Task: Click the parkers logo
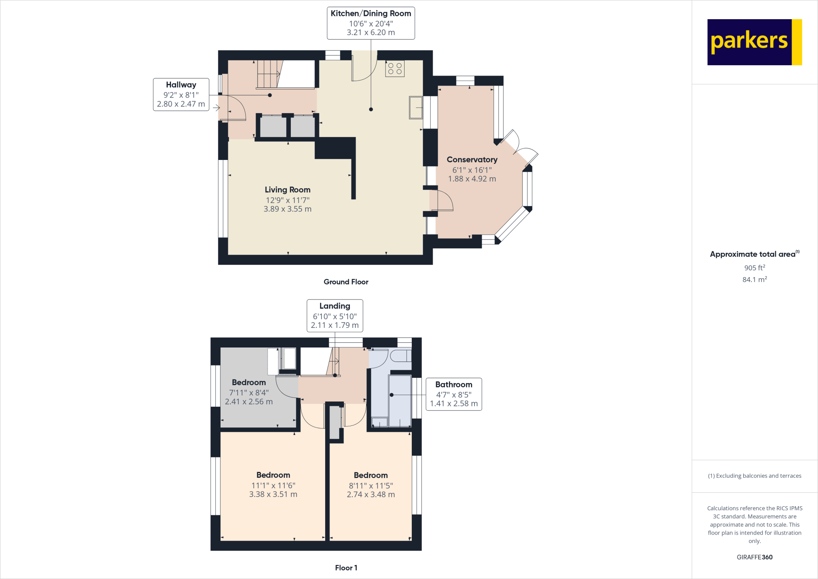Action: pyautogui.click(x=754, y=42)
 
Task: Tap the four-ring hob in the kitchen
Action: pyautogui.click(x=395, y=69)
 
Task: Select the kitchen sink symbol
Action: pyautogui.click(x=415, y=107)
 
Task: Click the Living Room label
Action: pyautogui.click(x=287, y=190)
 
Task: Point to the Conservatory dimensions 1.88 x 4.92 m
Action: pyautogui.click(x=472, y=179)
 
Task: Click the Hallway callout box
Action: pyautogui.click(x=181, y=94)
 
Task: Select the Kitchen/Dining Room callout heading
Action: pyautogui.click(x=371, y=14)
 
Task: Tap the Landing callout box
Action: pyautogui.click(x=335, y=315)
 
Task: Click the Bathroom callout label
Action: pyautogui.click(x=453, y=384)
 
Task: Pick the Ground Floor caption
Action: pyautogui.click(x=345, y=282)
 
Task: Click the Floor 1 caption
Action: pyautogui.click(x=346, y=568)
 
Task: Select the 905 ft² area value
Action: pyautogui.click(x=754, y=268)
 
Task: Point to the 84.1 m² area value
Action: pyautogui.click(x=754, y=280)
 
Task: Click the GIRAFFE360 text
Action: pyautogui.click(x=754, y=557)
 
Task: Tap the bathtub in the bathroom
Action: pyautogui.click(x=400, y=400)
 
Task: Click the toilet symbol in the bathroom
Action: pyautogui.click(x=400, y=355)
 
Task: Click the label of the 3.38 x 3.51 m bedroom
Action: pyautogui.click(x=273, y=475)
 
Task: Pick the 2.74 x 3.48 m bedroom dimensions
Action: pyautogui.click(x=371, y=495)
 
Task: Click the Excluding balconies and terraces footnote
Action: pyautogui.click(x=754, y=476)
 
